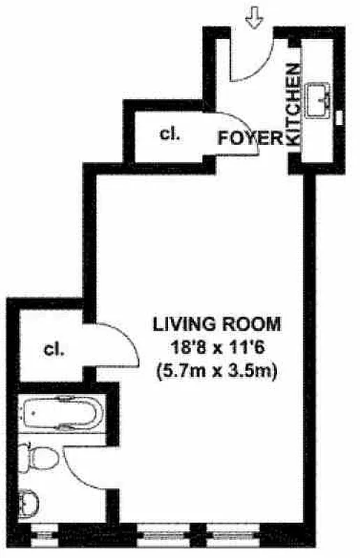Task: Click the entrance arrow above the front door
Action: (x=255, y=20)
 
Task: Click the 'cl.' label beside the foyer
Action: (x=170, y=135)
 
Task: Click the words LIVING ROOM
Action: (x=216, y=324)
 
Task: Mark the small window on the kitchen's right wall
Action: (x=340, y=117)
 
